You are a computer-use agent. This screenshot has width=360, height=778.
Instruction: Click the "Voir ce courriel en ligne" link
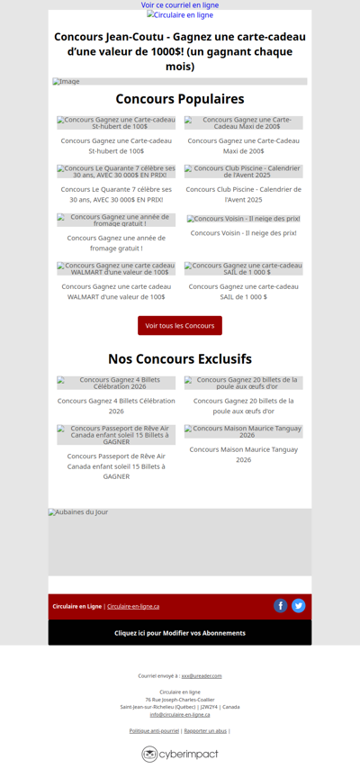click(x=180, y=5)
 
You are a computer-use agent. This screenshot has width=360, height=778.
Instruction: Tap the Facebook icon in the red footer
click(x=281, y=605)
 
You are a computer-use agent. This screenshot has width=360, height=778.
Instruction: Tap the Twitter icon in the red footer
click(x=299, y=605)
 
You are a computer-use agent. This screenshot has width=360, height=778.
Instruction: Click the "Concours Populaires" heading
click(x=180, y=99)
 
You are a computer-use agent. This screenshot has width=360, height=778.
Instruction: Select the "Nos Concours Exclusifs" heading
click(x=180, y=358)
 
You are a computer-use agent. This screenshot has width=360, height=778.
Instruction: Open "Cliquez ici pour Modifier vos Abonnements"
click(x=180, y=633)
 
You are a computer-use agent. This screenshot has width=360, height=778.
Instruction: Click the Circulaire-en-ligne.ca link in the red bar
click(x=133, y=606)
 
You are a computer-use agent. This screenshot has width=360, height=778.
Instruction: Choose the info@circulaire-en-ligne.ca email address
click(x=180, y=714)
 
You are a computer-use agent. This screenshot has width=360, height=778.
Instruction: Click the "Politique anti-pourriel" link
click(x=154, y=730)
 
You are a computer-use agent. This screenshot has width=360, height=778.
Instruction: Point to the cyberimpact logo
click(x=180, y=754)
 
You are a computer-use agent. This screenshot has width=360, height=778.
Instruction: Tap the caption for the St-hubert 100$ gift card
click(x=116, y=146)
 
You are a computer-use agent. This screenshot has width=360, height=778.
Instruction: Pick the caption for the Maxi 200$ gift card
click(x=244, y=146)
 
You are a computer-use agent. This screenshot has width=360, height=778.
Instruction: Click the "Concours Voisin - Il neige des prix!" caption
click(x=244, y=232)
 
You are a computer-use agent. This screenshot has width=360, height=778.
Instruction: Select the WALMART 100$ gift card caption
click(x=116, y=291)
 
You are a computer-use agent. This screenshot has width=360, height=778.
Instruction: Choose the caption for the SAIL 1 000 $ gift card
click(x=244, y=291)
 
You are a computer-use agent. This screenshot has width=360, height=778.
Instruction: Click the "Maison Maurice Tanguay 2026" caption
click(x=244, y=454)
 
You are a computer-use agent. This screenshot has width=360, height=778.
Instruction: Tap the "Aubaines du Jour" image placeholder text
click(x=78, y=512)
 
